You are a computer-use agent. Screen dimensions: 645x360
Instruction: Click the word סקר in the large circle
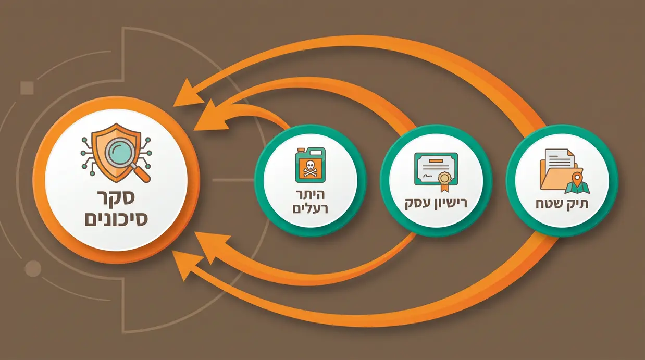pos(116,198)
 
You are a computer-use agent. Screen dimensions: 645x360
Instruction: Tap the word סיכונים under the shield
pos(116,219)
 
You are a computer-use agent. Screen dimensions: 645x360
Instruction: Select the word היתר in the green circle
pos(310,195)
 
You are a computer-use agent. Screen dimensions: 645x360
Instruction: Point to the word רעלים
pos(310,208)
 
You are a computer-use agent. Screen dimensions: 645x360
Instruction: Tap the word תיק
pos(578,204)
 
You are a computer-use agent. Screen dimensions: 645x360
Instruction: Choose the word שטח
pos(550,204)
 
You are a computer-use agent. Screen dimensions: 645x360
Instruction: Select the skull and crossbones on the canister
pos(310,169)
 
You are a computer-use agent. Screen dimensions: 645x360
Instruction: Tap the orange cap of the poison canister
pos(302,150)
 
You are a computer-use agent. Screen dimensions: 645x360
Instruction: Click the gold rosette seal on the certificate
pos(444,178)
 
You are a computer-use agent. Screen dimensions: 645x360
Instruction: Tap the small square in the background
pos(27,88)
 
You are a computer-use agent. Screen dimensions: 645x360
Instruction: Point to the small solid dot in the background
pos(33,269)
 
